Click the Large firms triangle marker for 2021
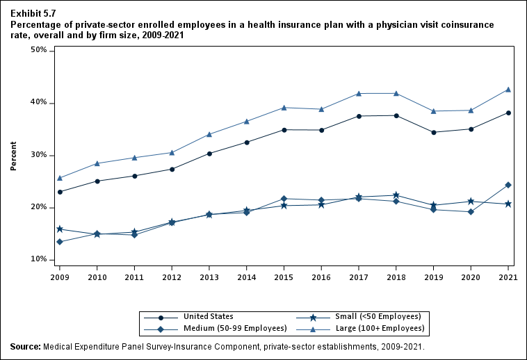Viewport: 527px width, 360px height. point(508,90)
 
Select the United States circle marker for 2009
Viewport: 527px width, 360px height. point(60,192)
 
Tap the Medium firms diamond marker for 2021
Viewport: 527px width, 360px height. point(508,185)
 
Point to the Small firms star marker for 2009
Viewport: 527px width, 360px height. point(60,229)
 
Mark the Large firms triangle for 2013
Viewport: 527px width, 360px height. point(209,134)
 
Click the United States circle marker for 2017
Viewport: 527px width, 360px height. point(359,116)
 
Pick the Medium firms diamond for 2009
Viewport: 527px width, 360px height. point(60,242)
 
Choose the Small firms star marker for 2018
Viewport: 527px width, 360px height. point(396,195)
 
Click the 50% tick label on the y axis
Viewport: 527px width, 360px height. point(38,51)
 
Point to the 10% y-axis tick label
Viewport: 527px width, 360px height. point(38,260)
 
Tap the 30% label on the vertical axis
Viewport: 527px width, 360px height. point(38,155)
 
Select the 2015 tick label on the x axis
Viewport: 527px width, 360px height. point(284,276)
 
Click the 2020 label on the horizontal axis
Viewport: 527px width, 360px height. point(471,276)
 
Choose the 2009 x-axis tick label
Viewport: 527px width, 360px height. point(60,276)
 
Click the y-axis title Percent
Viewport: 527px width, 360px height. point(13,156)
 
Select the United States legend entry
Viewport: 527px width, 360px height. point(209,316)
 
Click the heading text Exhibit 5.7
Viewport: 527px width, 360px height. point(33,13)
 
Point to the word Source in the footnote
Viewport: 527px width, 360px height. point(25,346)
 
